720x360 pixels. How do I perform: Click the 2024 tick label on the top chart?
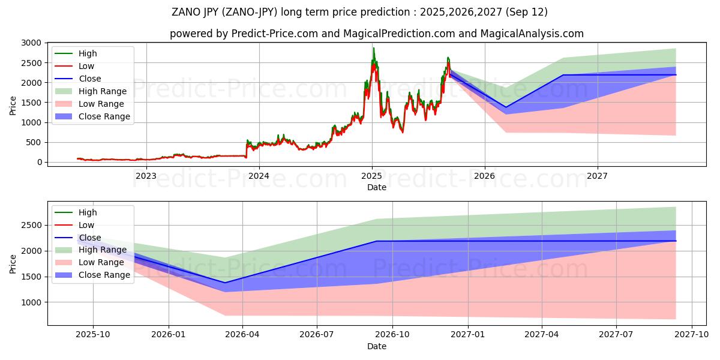click(259, 176)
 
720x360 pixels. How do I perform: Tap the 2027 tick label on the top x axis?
click(597, 176)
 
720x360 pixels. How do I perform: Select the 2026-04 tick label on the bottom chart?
click(242, 335)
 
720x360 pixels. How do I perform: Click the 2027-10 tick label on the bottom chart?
click(692, 335)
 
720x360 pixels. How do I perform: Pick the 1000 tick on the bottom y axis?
click(32, 302)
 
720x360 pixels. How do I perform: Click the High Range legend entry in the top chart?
click(103, 91)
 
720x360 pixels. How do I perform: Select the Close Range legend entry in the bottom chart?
click(104, 275)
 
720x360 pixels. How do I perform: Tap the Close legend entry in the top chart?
click(90, 79)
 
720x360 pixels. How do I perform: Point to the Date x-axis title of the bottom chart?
click(376, 346)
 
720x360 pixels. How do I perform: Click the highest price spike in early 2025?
click(373, 48)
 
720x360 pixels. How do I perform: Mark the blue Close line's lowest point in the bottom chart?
click(226, 283)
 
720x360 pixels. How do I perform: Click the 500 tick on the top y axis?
click(35, 142)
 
